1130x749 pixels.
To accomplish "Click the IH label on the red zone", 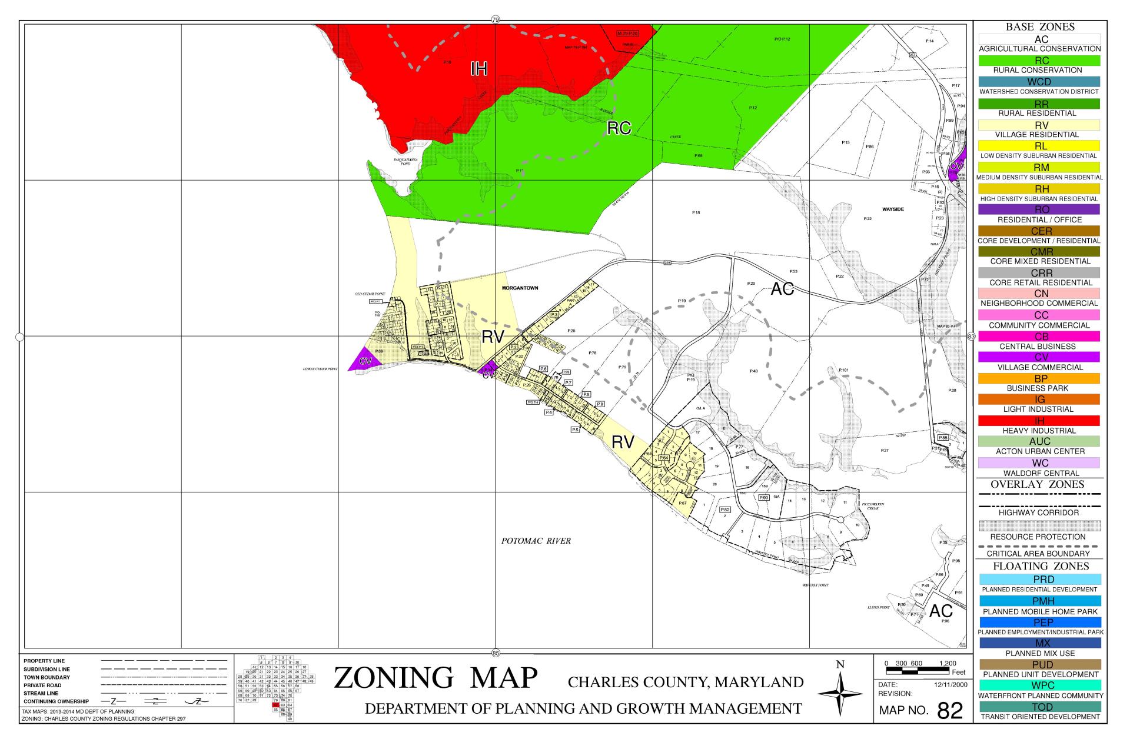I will point(478,69).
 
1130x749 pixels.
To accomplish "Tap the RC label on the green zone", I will point(619,128).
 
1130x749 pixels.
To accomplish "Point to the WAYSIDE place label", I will point(893,209).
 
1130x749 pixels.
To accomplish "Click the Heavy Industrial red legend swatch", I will point(1039,421).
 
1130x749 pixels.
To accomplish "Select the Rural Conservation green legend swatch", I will point(1039,61).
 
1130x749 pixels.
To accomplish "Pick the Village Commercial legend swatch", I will point(1039,357).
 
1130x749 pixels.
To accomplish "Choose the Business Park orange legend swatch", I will point(1039,378).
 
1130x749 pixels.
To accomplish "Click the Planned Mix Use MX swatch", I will point(1039,643).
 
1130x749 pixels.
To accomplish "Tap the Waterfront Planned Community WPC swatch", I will point(1039,685).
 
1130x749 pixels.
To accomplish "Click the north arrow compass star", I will point(840,694).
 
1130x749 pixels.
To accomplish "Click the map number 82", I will point(949,711).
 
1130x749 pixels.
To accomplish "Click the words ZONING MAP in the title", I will point(436,678).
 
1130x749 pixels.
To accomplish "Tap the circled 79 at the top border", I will point(495,21).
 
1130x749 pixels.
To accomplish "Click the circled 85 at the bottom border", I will point(495,653).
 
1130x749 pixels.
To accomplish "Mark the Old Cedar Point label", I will point(370,293).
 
